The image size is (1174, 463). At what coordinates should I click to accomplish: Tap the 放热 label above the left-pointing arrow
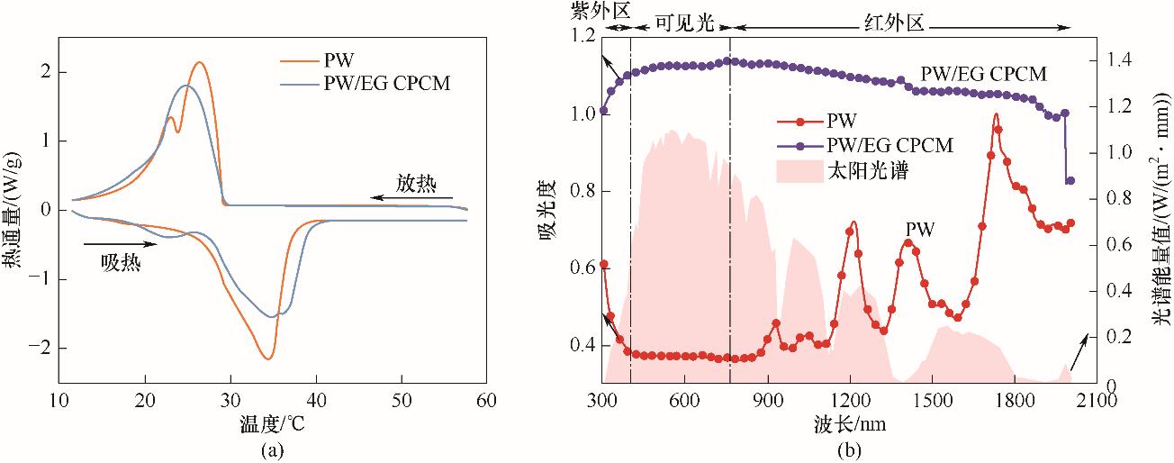pos(416,184)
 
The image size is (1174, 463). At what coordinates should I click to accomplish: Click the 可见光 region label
pos(684,24)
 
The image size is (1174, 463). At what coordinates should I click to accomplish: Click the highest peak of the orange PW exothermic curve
pos(199,62)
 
